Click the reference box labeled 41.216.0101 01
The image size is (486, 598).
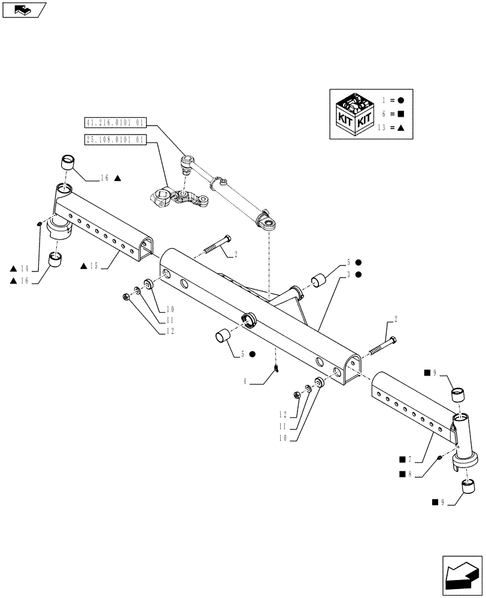point(116,124)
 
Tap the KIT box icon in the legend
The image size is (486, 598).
point(355,115)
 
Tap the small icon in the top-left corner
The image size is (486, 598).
point(24,10)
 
